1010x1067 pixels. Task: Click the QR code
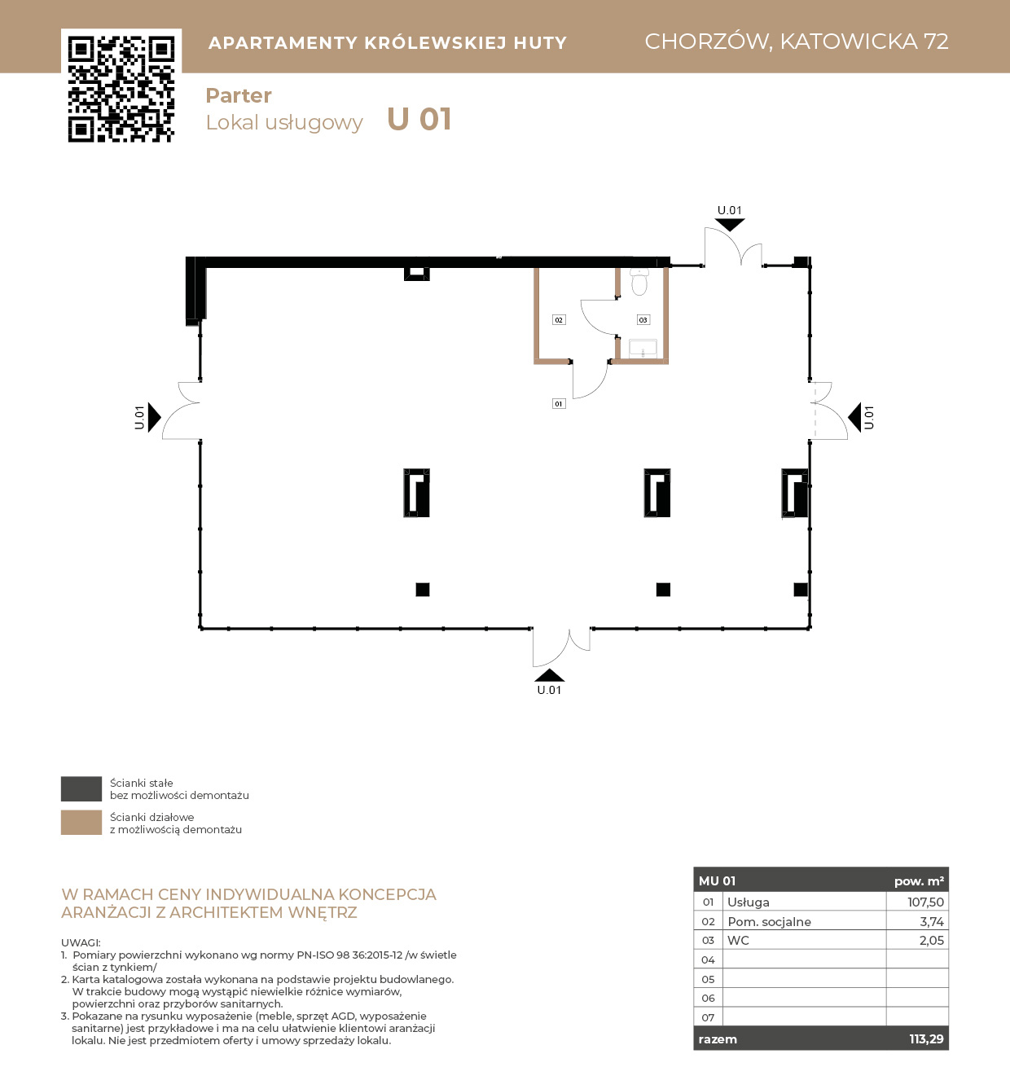(x=121, y=89)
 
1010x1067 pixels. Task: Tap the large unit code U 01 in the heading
(x=419, y=120)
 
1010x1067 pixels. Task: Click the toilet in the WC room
(x=639, y=282)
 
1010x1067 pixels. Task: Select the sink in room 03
(x=643, y=349)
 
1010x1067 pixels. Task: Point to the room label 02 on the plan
(x=559, y=319)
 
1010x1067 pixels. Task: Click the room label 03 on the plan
(x=643, y=319)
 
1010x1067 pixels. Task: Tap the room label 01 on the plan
(x=559, y=403)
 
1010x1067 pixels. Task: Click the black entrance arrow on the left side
(x=154, y=417)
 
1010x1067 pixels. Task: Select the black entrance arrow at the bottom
(x=549, y=675)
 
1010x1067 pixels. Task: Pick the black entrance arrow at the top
(x=730, y=224)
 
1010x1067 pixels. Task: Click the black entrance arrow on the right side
(x=854, y=417)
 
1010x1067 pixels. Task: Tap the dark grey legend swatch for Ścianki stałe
(x=81, y=788)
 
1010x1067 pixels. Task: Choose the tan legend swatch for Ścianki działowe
(x=81, y=822)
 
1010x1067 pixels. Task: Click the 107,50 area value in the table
(x=925, y=902)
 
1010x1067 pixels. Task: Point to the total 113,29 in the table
(x=926, y=1038)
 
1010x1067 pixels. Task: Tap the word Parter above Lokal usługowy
(x=239, y=95)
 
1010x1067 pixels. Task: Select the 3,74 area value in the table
(x=932, y=921)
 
